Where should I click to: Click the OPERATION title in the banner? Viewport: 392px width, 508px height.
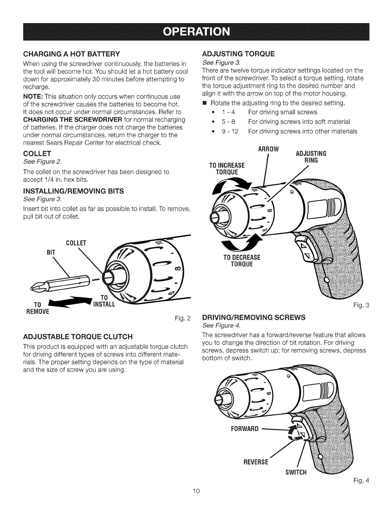coord(196,32)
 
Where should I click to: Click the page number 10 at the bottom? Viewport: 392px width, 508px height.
coord(196,499)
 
